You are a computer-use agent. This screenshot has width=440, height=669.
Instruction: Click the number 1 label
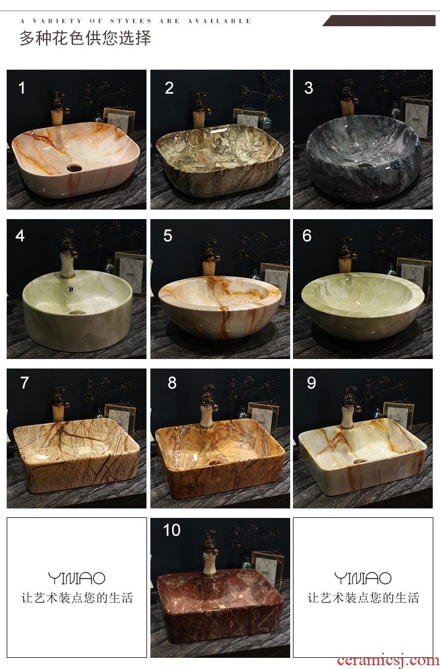pyautogui.click(x=22, y=88)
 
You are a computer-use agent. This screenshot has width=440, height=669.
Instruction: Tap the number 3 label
pyautogui.click(x=309, y=88)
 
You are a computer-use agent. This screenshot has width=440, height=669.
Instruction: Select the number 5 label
pyautogui.click(x=168, y=236)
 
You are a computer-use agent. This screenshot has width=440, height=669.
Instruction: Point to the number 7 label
pyautogui.click(x=25, y=382)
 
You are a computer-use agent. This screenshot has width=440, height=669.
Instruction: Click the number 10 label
pyautogui.click(x=172, y=530)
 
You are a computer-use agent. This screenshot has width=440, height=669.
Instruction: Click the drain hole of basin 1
pyautogui.click(x=74, y=168)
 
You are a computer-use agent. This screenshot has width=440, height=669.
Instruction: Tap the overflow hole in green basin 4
pyautogui.click(x=71, y=289)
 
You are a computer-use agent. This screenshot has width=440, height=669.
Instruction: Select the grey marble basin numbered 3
pyautogui.click(x=364, y=158)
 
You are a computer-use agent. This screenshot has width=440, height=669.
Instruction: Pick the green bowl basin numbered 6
pyautogui.click(x=363, y=306)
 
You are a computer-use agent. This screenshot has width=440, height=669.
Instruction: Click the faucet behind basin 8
pyautogui.click(x=208, y=406)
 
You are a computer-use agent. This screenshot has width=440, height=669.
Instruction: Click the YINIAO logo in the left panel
pyautogui.click(x=77, y=578)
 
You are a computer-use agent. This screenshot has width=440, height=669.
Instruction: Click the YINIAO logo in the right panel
pyautogui.click(x=363, y=578)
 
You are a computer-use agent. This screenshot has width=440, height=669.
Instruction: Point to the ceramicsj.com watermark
pyautogui.click(x=388, y=660)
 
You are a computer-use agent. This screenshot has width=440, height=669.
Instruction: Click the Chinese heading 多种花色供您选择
pyautogui.click(x=85, y=38)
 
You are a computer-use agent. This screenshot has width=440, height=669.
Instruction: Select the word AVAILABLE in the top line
pyautogui.click(x=219, y=21)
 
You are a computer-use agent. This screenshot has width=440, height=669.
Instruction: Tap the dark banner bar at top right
pyautogui.click(x=379, y=21)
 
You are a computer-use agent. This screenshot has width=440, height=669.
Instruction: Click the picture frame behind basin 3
pyautogui.click(x=417, y=118)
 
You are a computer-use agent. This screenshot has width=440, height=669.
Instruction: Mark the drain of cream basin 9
pyautogui.click(x=360, y=461)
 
